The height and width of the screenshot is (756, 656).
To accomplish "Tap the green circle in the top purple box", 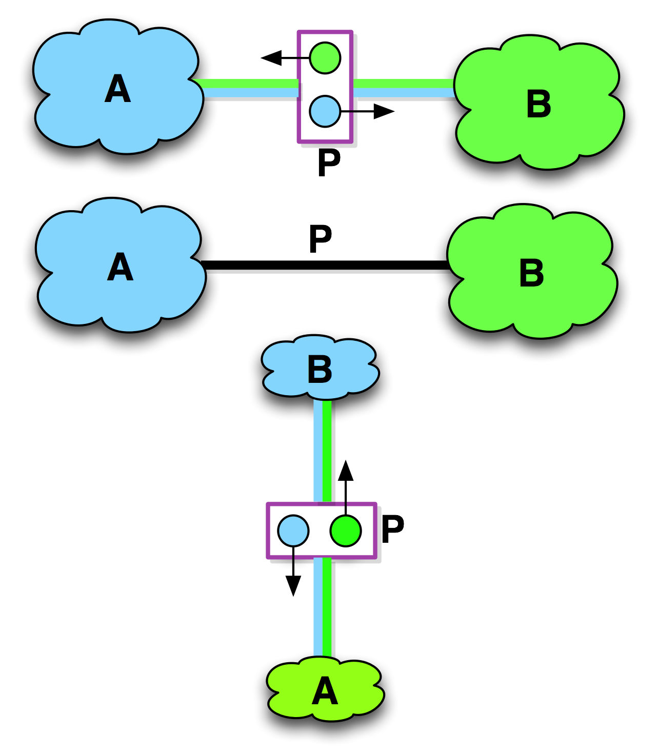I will click(325, 58).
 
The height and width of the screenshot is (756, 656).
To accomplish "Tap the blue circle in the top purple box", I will click(325, 111).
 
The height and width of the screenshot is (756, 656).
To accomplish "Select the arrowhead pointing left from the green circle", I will click(271, 58).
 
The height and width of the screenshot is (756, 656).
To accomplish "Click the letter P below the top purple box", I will click(328, 162).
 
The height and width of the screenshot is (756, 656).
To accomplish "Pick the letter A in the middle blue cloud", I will click(120, 267).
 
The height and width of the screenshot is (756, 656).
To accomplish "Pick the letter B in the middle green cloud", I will click(531, 273).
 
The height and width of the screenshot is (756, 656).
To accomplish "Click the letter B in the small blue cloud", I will click(320, 370).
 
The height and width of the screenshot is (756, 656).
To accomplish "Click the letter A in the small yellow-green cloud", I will click(325, 691).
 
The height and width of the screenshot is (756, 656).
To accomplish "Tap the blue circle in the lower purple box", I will click(293, 530).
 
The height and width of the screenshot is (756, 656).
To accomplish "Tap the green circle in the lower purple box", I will click(346, 530).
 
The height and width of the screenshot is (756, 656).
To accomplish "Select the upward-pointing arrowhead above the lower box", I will click(346, 471).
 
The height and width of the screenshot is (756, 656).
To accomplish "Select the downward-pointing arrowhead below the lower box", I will click(293, 585).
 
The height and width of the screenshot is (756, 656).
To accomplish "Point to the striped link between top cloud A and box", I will click(249, 88).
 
